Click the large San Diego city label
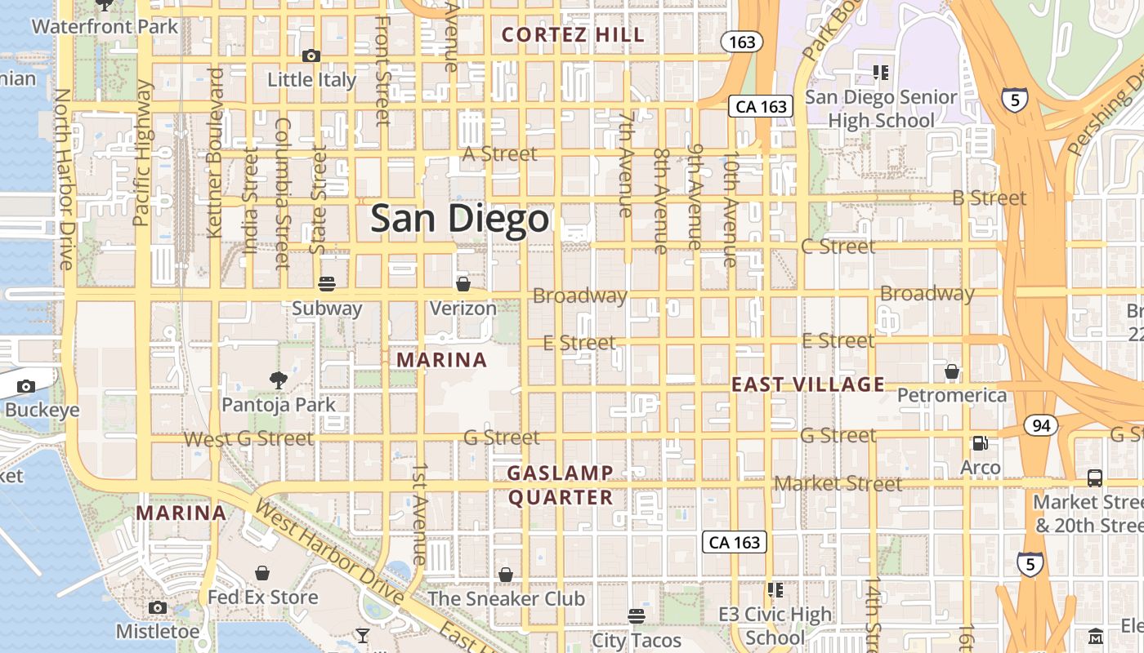(459, 219)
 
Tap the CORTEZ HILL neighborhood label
(573, 34)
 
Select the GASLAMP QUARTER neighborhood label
(561, 485)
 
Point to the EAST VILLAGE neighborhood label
(807, 384)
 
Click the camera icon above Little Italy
(311, 56)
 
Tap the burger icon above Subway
(327, 284)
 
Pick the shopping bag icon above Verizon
(463, 284)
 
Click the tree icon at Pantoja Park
(279, 380)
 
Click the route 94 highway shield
(1040, 425)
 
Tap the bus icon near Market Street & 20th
(1095, 478)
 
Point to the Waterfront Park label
(105, 26)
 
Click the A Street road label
(500, 153)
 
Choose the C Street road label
(838, 246)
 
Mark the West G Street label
(248, 439)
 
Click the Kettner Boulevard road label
(216, 153)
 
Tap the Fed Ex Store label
(262, 597)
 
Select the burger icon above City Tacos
(637, 615)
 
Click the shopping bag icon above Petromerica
(952, 372)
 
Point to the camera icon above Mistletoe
(158, 607)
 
